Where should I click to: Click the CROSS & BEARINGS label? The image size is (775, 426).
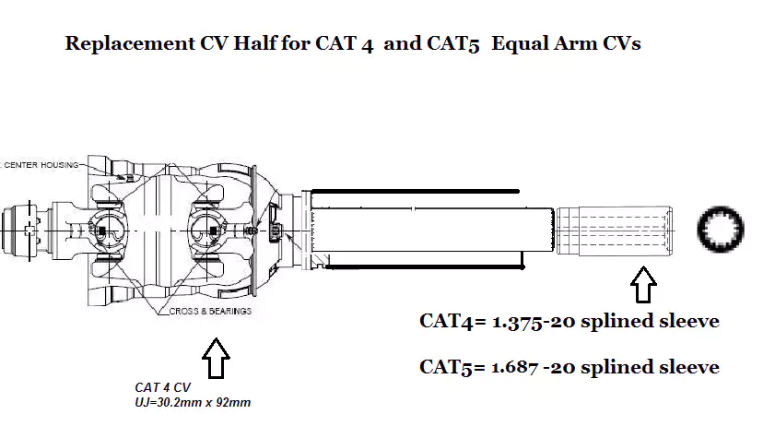point(210,312)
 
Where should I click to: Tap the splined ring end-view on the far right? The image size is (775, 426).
point(722,230)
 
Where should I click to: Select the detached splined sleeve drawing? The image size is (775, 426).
point(614,230)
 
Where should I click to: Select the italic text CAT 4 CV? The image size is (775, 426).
point(163,388)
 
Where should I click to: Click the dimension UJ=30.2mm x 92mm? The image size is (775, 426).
point(189,403)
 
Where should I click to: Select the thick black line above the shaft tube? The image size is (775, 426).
point(414,190)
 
